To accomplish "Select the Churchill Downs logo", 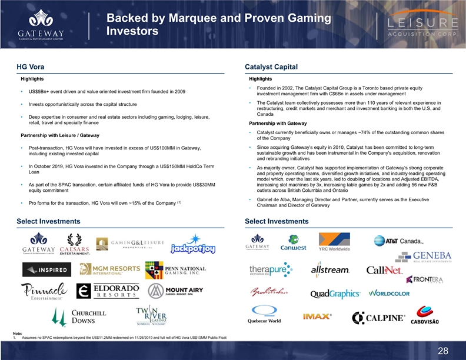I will (79, 317).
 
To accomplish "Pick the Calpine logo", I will (378, 318).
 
